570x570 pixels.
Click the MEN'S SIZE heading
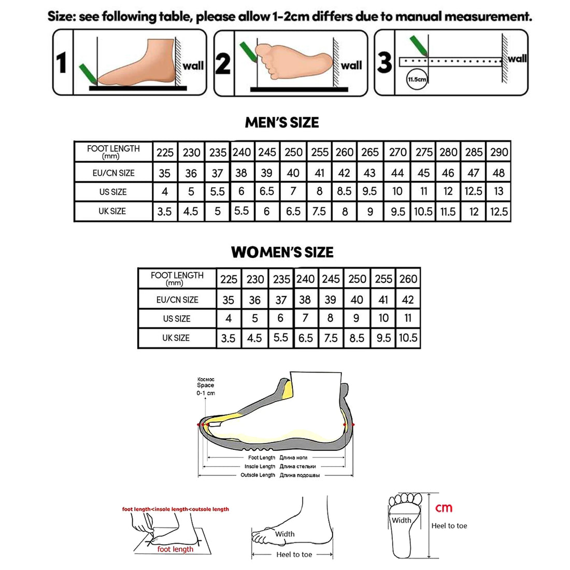[282, 123]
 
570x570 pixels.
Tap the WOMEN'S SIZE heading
[282, 252]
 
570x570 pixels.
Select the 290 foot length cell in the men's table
[498, 152]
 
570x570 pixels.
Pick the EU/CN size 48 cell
[498, 173]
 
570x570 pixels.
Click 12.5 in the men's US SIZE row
[473, 192]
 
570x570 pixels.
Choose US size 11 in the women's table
[408, 318]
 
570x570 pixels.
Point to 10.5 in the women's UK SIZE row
[408, 338]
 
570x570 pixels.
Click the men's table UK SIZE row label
[112, 211]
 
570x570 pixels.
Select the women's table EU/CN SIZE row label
[177, 300]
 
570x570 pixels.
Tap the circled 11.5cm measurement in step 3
[417, 79]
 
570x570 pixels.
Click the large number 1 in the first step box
[62, 63]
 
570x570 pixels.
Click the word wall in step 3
[517, 59]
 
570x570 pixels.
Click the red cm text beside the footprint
[444, 508]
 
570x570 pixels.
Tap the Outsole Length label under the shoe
[258, 475]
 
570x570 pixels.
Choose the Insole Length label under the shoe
[260, 466]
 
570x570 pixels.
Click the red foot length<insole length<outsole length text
[175, 509]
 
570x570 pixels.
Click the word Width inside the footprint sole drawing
[401, 520]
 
